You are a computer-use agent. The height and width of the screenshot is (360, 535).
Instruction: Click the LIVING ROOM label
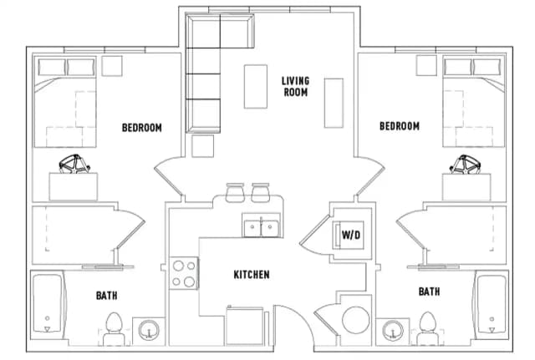[294, 86]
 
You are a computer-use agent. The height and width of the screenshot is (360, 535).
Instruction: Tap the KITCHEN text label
[251, 275]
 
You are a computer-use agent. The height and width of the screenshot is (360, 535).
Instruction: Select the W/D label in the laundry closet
[351, 235]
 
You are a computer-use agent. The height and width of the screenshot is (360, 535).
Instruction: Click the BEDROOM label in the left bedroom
[141, 128]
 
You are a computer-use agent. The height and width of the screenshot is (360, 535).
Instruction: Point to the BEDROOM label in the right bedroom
[399, 126]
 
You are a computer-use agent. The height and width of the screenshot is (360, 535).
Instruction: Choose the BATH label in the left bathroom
[107, 294]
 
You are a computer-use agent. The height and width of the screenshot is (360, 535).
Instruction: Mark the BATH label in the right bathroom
[429, 292]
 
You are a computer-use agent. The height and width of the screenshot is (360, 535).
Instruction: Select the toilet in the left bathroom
[114, 327]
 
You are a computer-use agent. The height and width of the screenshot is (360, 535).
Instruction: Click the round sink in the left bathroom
[150, 331]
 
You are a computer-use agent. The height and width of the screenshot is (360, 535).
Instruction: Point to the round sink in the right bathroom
[391, 331]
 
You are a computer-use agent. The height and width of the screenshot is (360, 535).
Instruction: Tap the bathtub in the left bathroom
[49, 305]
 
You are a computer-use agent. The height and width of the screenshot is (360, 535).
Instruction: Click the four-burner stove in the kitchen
[185, 273]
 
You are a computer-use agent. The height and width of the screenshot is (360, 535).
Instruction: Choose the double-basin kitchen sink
[261, 226]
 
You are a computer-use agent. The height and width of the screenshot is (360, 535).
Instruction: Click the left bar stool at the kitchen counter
[233, 193]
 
